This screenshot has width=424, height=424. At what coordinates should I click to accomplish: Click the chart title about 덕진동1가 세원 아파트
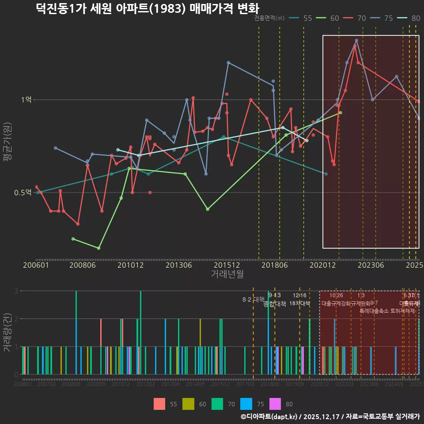pos(148,8)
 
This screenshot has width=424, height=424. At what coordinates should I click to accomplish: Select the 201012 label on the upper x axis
pos(131,265)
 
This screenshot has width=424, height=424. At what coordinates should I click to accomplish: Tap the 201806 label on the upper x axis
pos(274,265)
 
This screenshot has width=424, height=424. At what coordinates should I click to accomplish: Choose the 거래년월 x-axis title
pos(227,274)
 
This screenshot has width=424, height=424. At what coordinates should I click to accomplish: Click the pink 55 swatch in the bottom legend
pos(159,404)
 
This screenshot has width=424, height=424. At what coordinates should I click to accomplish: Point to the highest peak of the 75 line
pos(356,41)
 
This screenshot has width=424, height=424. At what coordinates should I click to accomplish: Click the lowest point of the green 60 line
pos(98,248)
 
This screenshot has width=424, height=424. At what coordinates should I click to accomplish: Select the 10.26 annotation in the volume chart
pos(336,295)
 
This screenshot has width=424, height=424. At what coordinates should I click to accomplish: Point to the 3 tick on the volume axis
pos(16,291)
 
